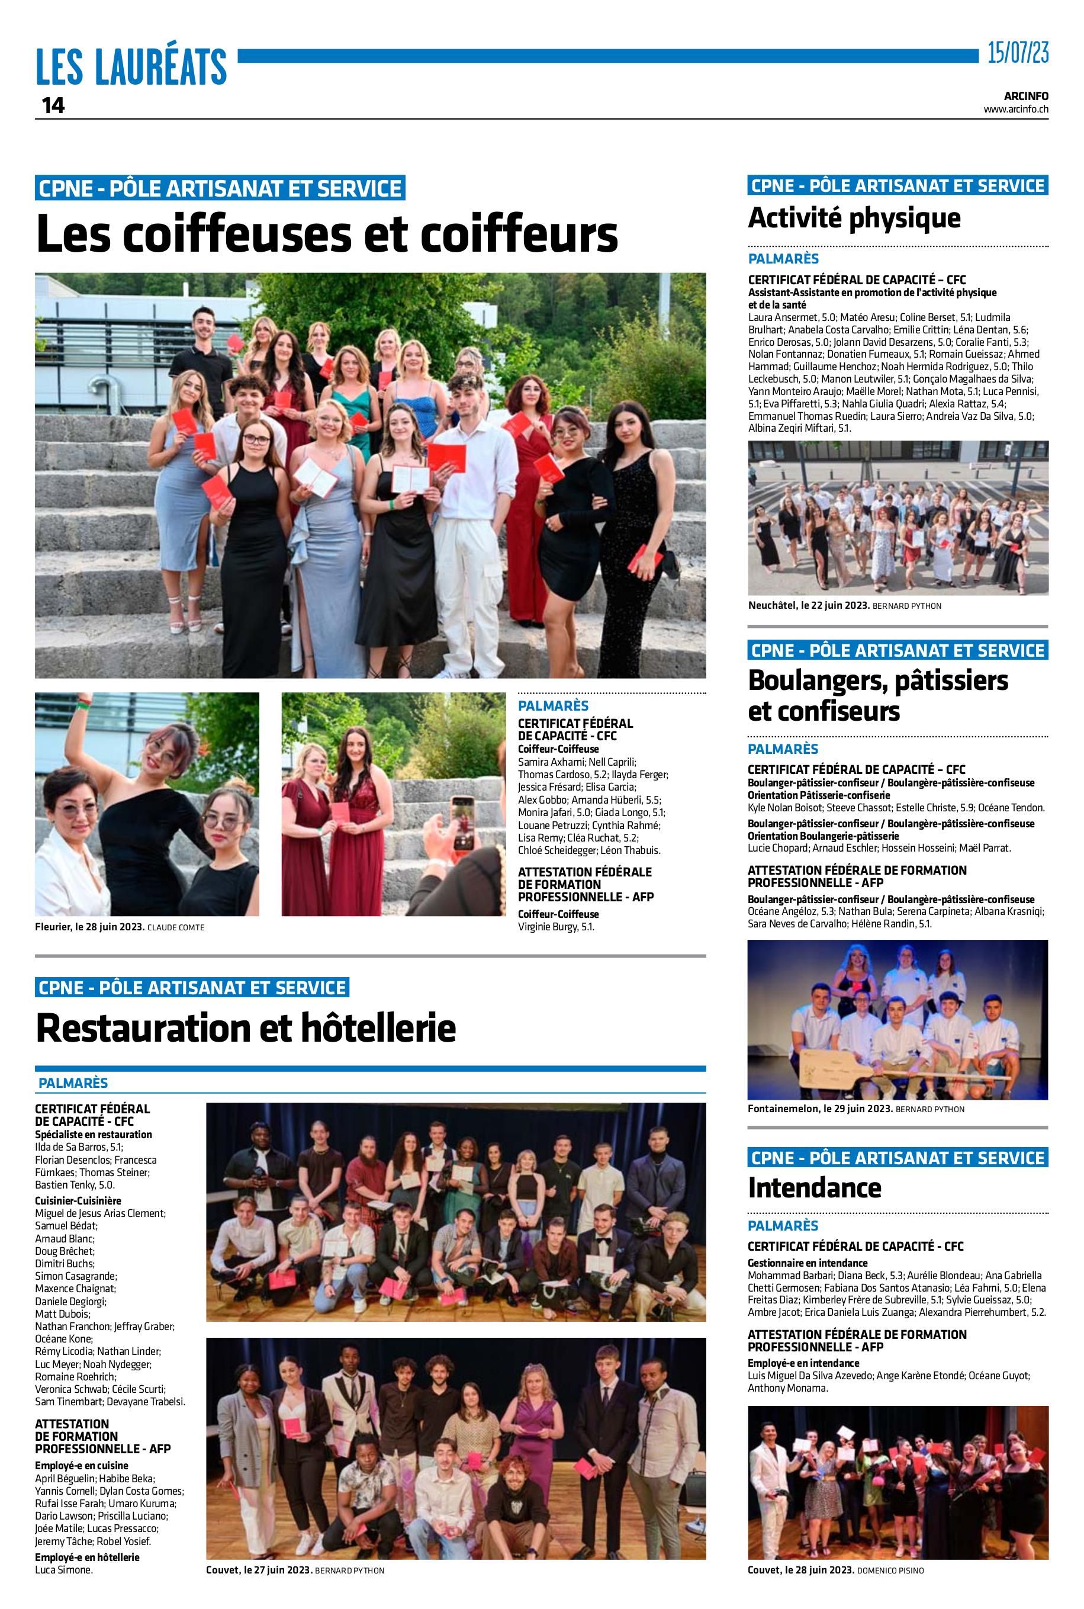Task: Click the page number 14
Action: (x=53, y=106)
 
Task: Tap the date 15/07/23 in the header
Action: (x=1017, y=53)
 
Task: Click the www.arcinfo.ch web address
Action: (x=1015, y=109)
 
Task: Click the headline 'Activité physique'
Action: (x=854, y=218)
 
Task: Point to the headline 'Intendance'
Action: (x=815, y=1187)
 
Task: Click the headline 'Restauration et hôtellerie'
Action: (x=246, y=1027)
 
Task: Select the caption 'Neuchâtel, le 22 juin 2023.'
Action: (x=809, y=606)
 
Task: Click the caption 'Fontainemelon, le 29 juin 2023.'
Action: (x=820, y=1109)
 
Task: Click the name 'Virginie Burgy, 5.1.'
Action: (x=556, y=927)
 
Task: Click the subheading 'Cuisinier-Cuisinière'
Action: (x=78, y=1200)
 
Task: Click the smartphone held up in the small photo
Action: (x=462, y=814)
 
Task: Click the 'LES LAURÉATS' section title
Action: (x=131, y=67)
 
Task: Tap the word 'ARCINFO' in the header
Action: (x=1026, y=96)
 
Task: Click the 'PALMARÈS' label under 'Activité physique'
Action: (x=783, y=259)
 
